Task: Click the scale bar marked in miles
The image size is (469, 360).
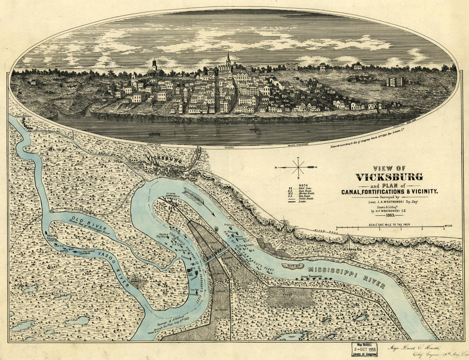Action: pyautogui.click(x=390, y=229)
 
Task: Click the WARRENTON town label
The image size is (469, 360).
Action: pyautogui.click(x=351, y=250)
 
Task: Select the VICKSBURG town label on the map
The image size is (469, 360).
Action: pyautogui.click(x=164, y=160)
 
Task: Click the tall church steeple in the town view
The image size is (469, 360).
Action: pyautogui.click(x=228, y=60)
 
